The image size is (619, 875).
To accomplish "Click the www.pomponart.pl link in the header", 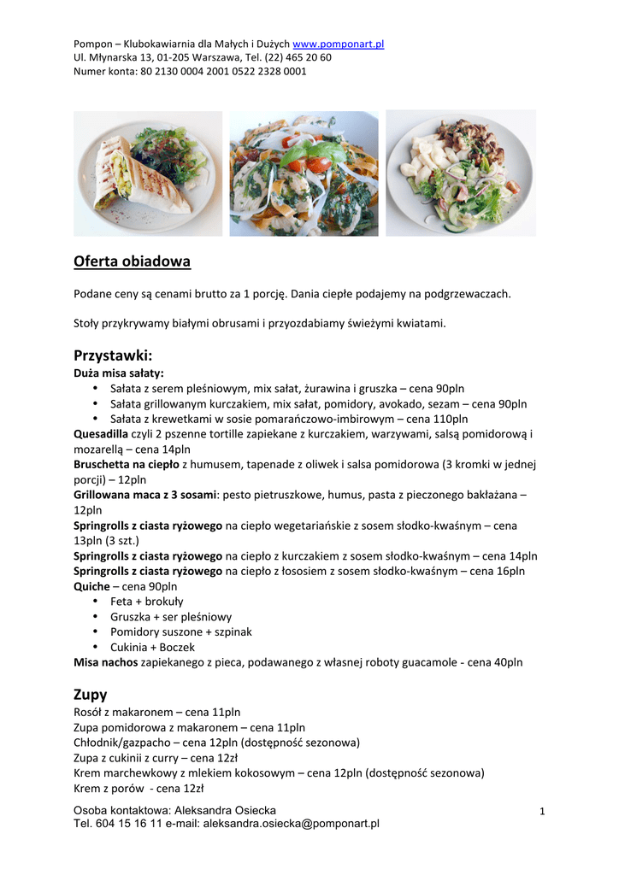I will click(x=338, y=44).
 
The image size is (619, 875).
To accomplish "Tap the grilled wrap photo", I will click(x=147, y=173).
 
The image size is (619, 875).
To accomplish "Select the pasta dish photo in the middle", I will click(x=304, y=173).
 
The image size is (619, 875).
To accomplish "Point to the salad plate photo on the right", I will click(x=461, y=173).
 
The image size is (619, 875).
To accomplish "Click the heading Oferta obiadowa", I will click(x=132, y=261).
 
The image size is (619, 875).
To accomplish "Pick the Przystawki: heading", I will click(x=113, y=355).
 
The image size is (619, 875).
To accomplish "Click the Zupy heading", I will click(x=91, y=694).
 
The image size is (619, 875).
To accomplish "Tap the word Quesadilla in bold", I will click(x=101, y=434).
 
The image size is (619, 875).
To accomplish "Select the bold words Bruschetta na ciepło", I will click(x=127, y=465).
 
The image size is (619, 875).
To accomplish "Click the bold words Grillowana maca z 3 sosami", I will click(x=146, y=495).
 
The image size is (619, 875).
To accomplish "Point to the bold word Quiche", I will click(x=91, y=587).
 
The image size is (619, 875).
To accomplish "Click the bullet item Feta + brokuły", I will click(x=146, y=602).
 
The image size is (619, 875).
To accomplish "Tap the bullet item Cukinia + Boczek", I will click(x=152, y=647).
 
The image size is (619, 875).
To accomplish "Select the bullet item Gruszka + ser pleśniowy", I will click(x=171, y=617).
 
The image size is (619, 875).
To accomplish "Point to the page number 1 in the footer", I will click(x=542, y=811).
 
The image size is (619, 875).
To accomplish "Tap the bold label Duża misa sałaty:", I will click(x=119, y=373).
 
